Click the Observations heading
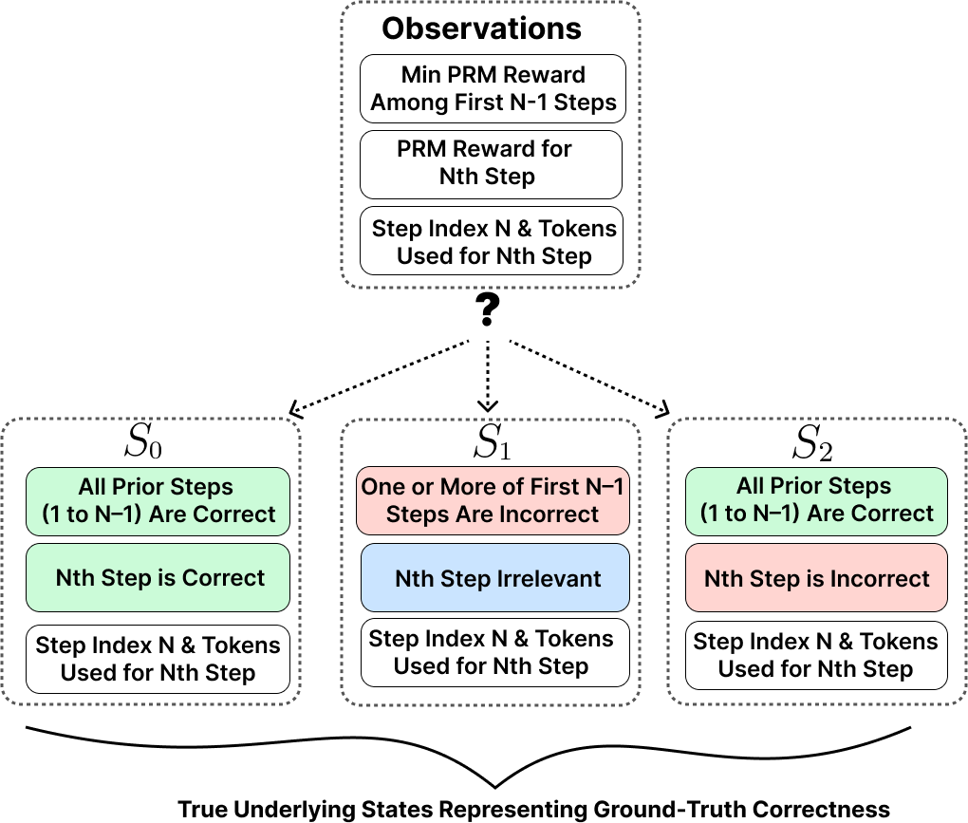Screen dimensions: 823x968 click(x=481, y=28)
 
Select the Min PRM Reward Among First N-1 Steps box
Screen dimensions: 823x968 click(x=493, y=88)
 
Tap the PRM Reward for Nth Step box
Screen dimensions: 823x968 click(x=491, y=163)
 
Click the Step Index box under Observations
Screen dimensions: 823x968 click(x=493, y=241)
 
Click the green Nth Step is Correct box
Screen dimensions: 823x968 click(x=158, y=577)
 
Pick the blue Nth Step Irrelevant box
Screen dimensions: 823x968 click(x=495, y=577)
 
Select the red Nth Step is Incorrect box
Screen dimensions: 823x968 click(x=817, y=577)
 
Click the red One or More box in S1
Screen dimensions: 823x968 click(x=494, y=501)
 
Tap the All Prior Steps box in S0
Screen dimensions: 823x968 click(x=158, y=501)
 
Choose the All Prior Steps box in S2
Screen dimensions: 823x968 click(x=817, y=500)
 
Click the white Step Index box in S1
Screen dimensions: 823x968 click(x=494, y=652)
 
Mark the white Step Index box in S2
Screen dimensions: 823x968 click(x=817, y=655)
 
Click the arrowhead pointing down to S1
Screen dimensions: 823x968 click(x=487, y=406)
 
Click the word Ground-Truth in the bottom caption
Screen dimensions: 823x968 click(x=661, y=810)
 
